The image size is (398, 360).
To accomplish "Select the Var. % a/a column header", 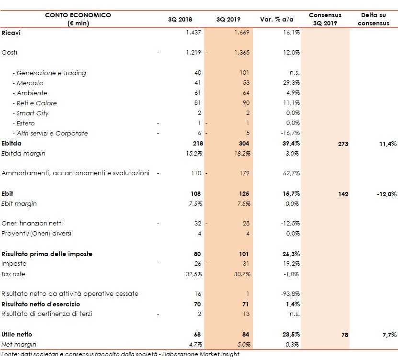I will coord(276,20).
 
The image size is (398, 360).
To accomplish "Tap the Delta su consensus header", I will coord(373,19).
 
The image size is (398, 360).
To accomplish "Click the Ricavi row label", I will coord(11,33).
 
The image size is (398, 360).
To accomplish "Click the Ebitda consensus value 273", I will coord(342,144).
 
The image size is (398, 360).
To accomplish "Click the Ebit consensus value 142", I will coord(342,194).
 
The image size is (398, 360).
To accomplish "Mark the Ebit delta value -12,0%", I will coord(386,194).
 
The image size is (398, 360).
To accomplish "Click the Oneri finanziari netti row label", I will coord(32,224).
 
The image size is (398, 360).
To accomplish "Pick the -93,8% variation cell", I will coord(290,294).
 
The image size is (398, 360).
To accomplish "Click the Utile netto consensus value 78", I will coord(344,335).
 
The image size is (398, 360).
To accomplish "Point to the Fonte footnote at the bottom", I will coord(120,355).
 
